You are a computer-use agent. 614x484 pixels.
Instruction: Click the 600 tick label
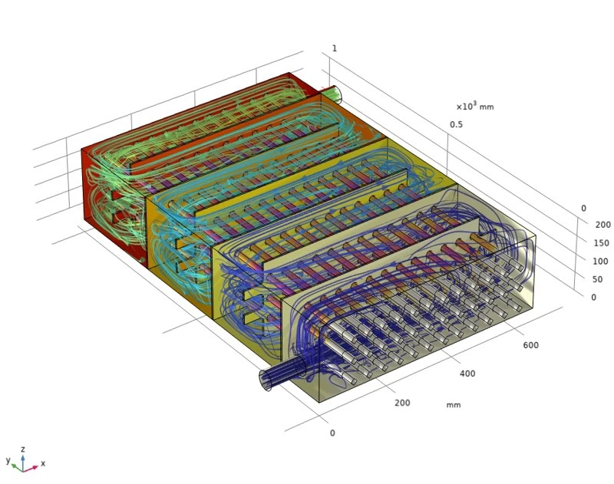point(530,345)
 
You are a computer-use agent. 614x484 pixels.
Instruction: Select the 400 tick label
point(467,374)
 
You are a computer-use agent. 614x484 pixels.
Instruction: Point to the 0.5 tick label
point(456,124)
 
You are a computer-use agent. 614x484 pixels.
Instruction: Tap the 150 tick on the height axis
point(601,243)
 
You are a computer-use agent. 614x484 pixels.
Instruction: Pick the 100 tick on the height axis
point(600,262)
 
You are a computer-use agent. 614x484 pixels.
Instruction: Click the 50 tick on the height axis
point(597,279)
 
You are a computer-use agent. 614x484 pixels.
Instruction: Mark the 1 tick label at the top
point(335,48)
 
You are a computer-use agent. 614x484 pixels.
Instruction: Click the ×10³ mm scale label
point(474,106)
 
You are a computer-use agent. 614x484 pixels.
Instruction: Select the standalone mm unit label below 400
point(454,405)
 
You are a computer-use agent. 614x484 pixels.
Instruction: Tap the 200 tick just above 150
point(602,225)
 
